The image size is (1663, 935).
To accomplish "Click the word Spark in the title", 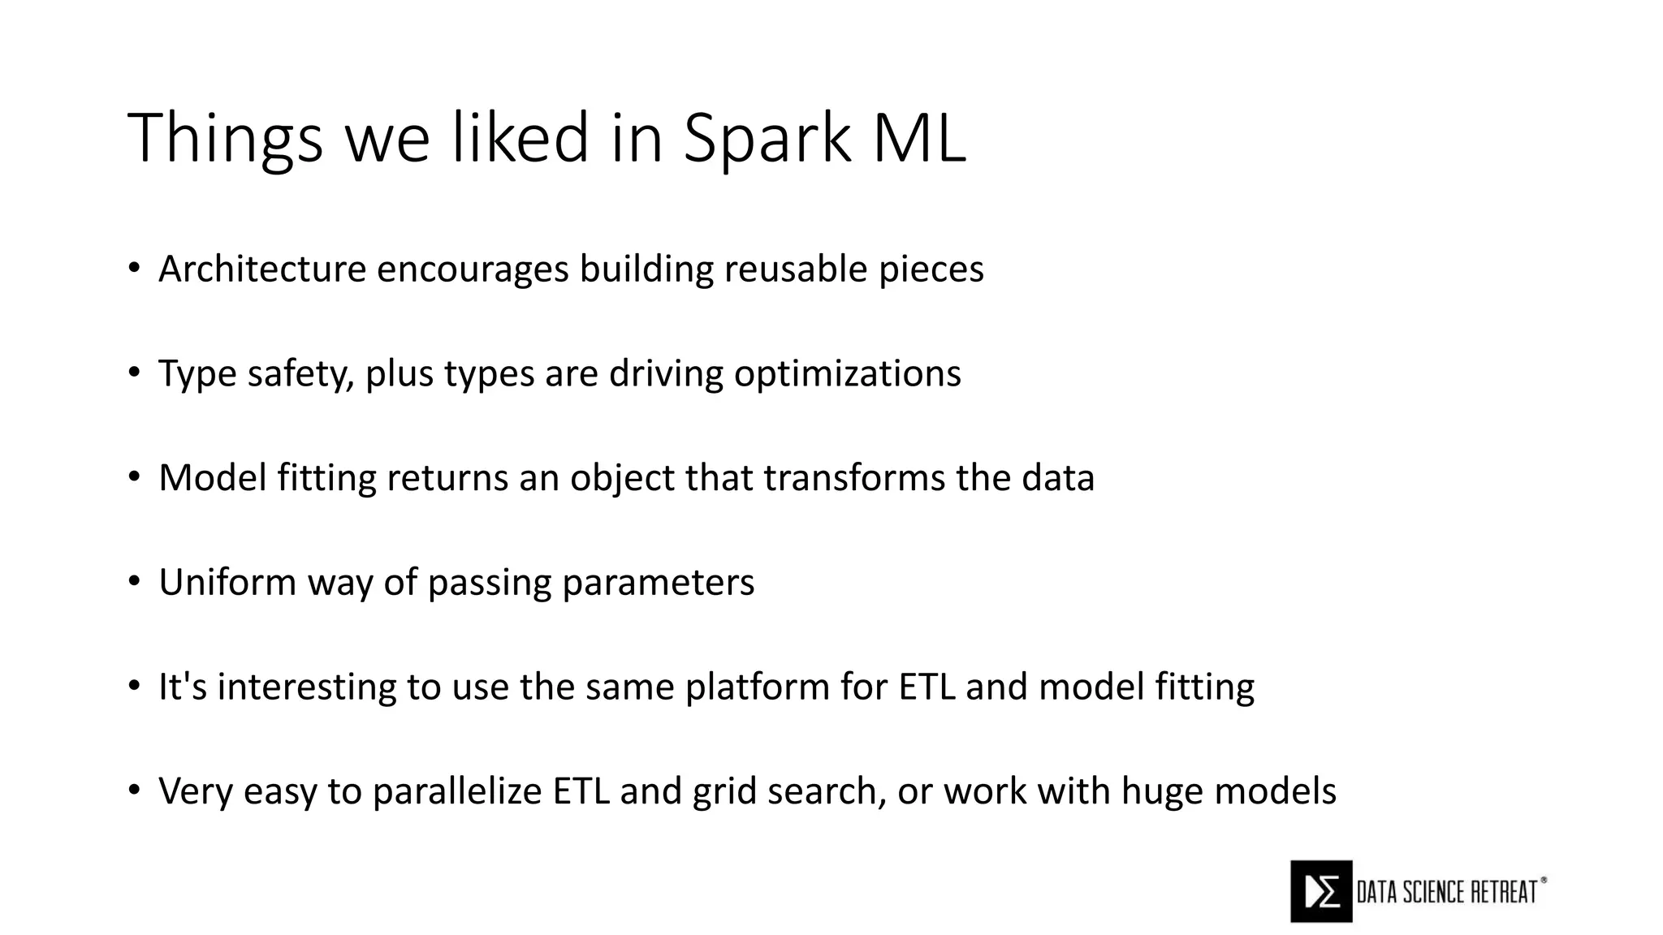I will (766, 139).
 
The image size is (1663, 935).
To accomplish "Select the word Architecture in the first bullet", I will (262, 269).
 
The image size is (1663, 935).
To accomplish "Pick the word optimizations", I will (847, 374).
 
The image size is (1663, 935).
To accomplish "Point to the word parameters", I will (658, 583).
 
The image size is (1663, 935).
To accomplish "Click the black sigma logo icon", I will (1321, 891).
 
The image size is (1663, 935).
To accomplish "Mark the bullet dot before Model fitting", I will (134, 478).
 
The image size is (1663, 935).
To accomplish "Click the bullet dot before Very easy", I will (134, 791).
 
